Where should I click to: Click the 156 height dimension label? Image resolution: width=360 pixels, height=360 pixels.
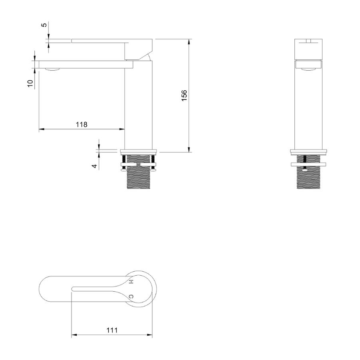(x=184, y=95)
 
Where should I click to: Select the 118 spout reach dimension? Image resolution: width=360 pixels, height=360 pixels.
(x=82, y=124)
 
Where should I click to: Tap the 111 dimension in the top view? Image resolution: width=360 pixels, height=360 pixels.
(x=112, y=330)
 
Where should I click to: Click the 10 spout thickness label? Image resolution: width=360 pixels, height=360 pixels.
(x=30, y=84)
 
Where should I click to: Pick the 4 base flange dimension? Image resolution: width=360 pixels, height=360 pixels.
(x=95, y=166)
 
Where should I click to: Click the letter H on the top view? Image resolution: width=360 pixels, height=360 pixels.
(x=131, y=282)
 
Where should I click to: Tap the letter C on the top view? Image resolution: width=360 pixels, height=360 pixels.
(x=131, y=296)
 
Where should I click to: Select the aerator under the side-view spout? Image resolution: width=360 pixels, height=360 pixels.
(x=52, y=70)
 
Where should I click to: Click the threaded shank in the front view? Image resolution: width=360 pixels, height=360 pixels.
(x=308, y=172)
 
